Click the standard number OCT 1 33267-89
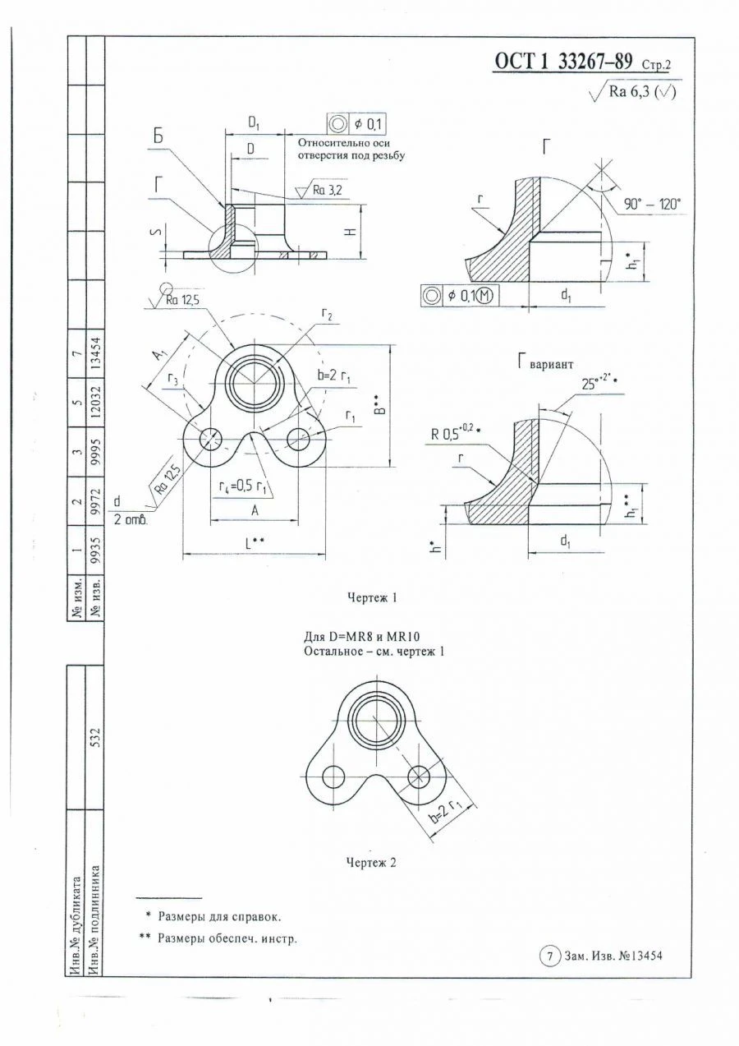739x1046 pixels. point(562,62)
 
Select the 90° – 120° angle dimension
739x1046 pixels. point(652,205)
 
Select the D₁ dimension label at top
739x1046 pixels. point(255,122)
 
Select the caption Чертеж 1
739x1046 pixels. point(372,598)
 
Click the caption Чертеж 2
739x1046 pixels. point(371,862)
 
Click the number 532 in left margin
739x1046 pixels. point(95,734)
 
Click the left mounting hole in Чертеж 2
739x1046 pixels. point(334,776)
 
